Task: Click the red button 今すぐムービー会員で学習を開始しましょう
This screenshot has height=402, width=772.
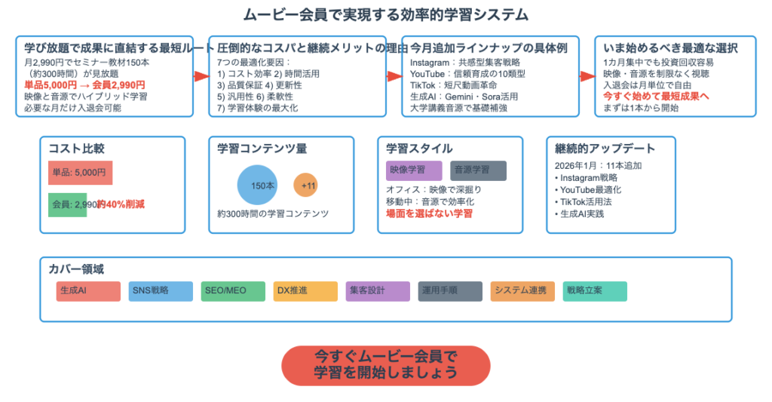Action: (x=385, y=366)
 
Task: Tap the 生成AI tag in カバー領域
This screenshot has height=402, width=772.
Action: (x=88, y=291)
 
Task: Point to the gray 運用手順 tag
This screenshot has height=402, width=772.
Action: (x=450, y=291)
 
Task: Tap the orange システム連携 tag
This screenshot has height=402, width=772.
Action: (x=522, y=291)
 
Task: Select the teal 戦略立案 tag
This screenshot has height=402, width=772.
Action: (x=595, y=291)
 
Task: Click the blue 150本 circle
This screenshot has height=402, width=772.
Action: (x=259, y=186)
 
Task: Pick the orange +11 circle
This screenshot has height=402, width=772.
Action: (x=308, y=186)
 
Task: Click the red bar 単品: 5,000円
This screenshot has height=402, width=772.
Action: (x=80, y=173)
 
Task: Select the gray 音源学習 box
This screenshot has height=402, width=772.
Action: (x=478, y=170)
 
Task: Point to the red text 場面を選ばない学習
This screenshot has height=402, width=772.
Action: (x=429, y=213)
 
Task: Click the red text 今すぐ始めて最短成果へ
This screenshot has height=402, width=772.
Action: (x=656, y=97)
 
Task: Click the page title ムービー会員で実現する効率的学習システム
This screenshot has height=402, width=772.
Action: (x=385, y=14)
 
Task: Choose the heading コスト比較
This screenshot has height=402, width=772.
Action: (x=76, y=149)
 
